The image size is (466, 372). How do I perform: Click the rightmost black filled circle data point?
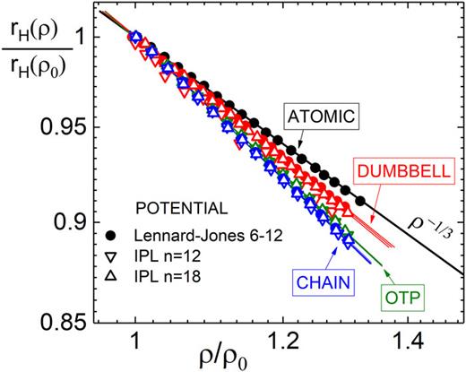[360, 200]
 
